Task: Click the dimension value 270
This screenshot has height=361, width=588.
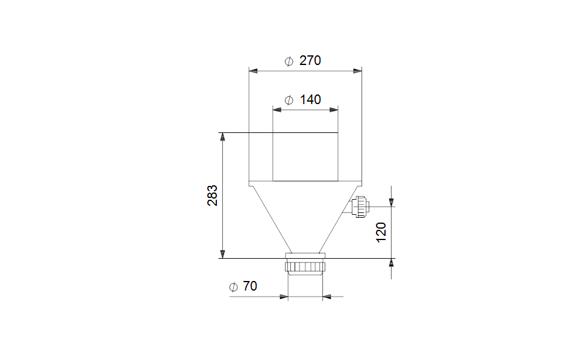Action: tap(310, 60)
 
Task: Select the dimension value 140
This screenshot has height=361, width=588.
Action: tap(310, 100)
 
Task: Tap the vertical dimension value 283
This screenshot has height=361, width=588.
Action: tap(212, 195)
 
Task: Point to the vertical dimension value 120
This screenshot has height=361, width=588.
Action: tap(381, 232)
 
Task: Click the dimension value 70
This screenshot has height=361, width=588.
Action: tap(250, 286)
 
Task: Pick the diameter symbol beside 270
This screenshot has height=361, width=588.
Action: tap(289, 61)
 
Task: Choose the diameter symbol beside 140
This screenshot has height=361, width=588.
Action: tap(289, 100)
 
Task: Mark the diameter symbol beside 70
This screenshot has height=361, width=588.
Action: tap(233, 287)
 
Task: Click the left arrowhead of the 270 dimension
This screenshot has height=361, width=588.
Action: tap(253, 71)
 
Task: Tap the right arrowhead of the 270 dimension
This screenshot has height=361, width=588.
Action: tap(357, 71)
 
